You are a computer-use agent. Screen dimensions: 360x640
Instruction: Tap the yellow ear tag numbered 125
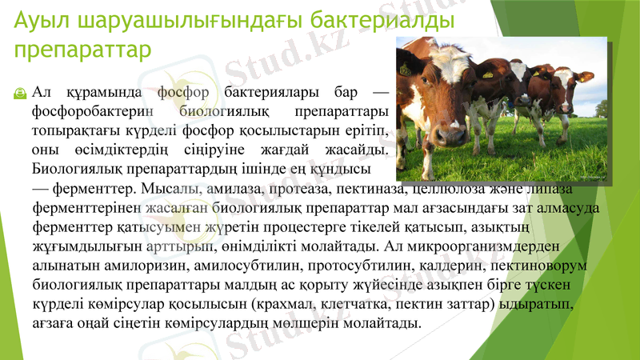(x=405, y=70)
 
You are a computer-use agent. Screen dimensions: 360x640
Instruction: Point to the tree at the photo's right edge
(x=601, y=108)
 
